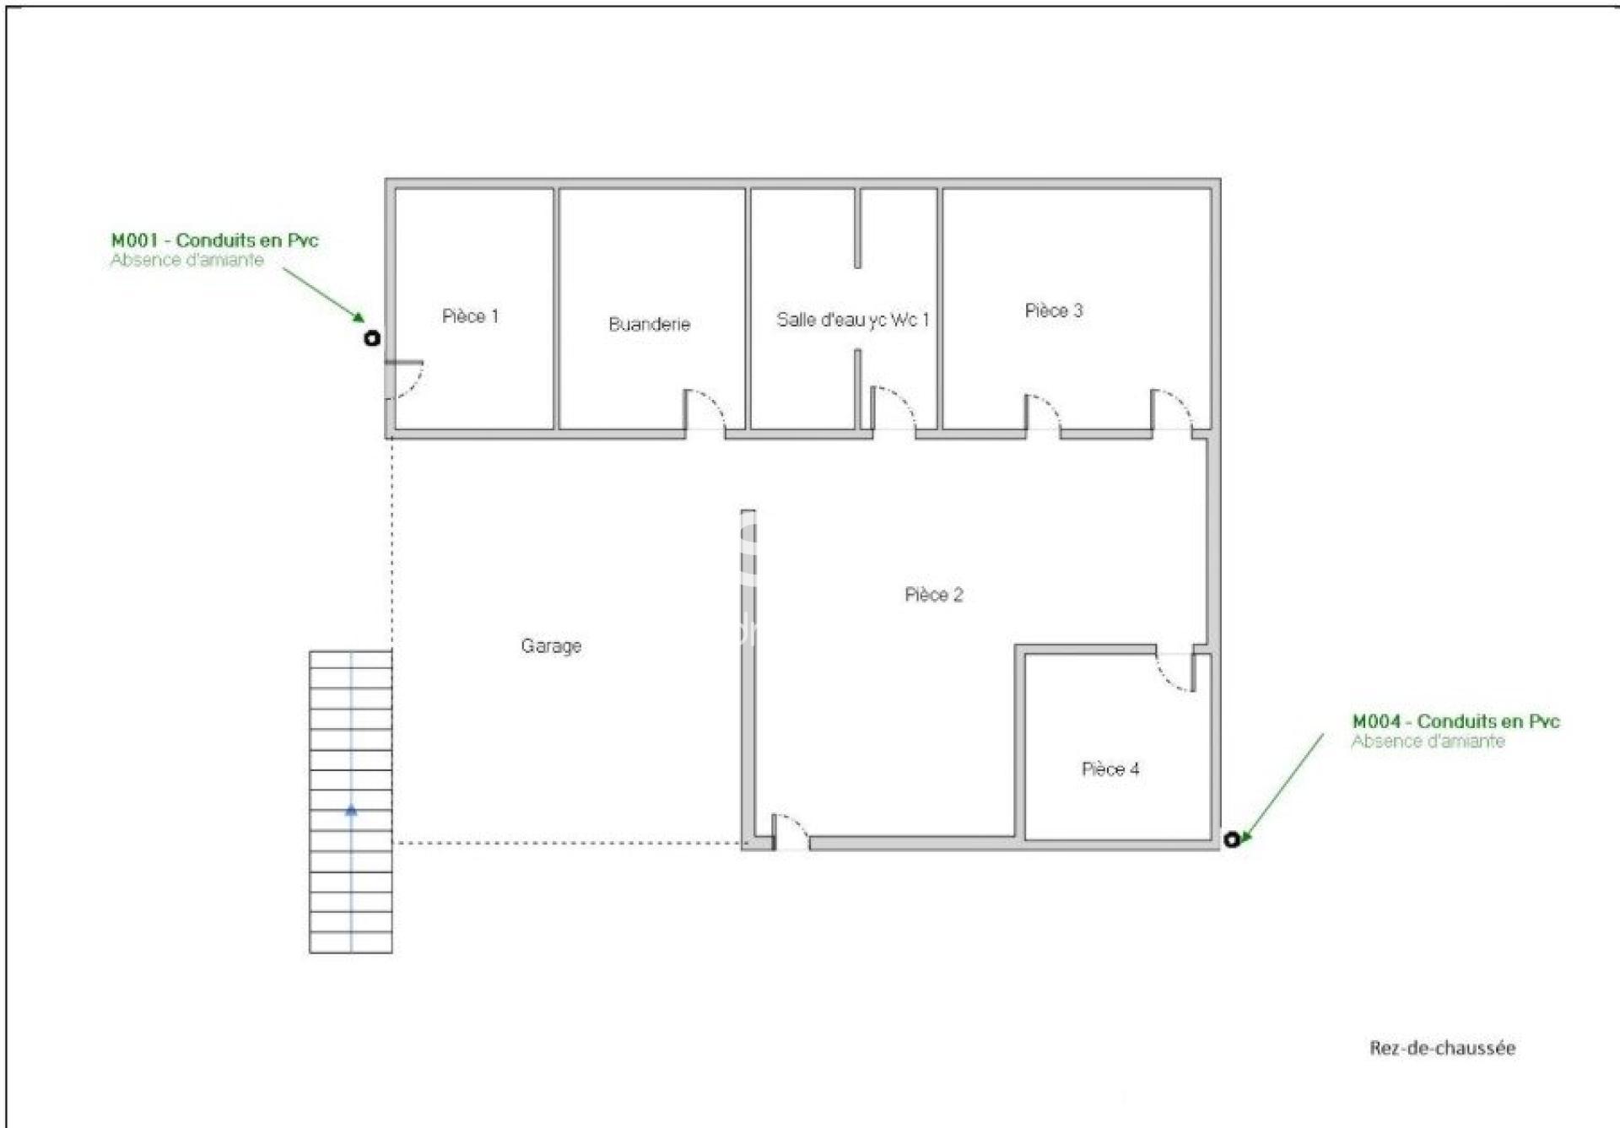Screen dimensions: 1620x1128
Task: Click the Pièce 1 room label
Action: (470, 316)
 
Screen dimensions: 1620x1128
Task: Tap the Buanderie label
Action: (649, 324)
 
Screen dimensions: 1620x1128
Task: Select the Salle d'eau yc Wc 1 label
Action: (852, 320)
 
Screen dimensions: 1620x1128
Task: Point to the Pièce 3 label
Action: (1053, 310)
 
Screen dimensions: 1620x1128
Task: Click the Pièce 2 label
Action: (933, 595)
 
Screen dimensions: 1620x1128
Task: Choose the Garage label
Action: (551, 646)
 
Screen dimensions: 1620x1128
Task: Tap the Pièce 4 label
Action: (1110, 769)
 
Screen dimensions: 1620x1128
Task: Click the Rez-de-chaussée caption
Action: (1442, 1048)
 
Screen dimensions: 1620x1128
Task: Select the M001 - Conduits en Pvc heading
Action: (214, 240)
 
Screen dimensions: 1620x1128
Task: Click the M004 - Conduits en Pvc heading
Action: (1455, 721)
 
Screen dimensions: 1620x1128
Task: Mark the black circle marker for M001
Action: (372, 338)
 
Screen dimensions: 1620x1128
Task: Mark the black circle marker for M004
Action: (1232, 839)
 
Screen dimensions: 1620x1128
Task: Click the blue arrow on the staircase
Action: (351, 810)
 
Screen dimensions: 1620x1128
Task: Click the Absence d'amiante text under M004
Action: (1428, 742)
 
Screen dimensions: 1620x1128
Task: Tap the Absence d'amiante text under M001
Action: (186, 261)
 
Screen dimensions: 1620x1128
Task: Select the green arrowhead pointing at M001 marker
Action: (359, 317)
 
